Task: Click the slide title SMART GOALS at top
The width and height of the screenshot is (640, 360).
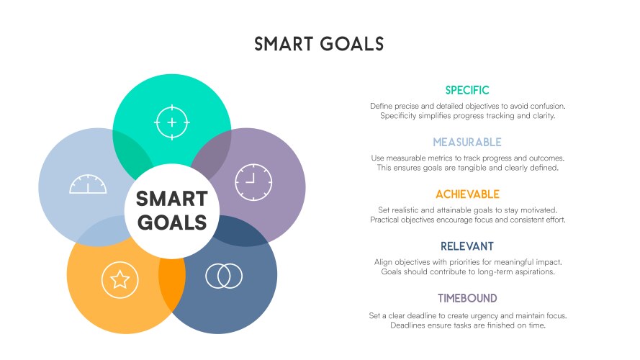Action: coord(319,44)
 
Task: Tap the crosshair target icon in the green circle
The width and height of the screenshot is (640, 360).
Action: coord(172,122)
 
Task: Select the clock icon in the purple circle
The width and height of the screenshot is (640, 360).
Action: coord(253,182)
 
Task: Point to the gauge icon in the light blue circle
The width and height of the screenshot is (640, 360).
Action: coord(88,184)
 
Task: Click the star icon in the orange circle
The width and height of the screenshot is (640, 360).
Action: coord(120,279)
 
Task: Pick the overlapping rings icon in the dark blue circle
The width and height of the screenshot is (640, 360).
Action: coord(224,276)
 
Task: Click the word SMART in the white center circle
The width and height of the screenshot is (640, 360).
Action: coord(171,199)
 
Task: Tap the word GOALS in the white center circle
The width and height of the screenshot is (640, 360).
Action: coord(171,222)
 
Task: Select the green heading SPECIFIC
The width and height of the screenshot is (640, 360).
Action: coord(467,90)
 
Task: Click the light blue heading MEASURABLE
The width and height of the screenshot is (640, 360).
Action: coord(467,142)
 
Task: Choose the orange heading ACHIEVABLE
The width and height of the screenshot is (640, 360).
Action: coord(467,194)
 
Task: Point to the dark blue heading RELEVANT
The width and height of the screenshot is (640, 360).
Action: coord(467,246)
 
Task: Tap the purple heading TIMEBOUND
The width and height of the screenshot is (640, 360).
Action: coord(467,298)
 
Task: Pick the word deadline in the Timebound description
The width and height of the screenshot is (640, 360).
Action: coord(432,315)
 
